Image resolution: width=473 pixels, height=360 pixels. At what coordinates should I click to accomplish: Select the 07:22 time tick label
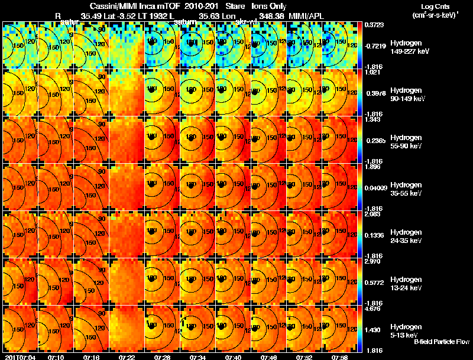coord(127,357)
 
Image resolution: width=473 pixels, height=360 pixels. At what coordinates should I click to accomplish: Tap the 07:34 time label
coord(198,357)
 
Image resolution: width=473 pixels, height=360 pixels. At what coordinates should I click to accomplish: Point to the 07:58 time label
coord(339,357)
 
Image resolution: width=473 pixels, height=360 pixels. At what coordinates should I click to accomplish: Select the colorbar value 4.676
coord(373,308)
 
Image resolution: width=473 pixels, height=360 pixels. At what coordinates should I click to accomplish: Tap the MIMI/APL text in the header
coord(306,15)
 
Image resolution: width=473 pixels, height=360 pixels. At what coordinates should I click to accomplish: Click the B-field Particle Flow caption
coord(442,342)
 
